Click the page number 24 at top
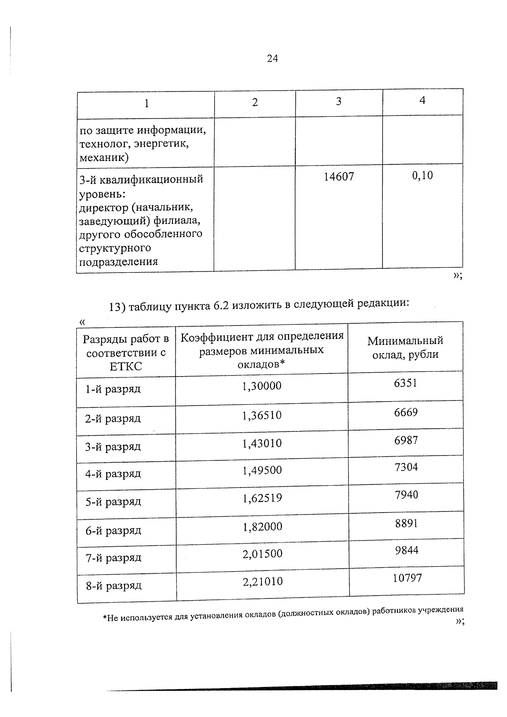[273, 59]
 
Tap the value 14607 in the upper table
[339, 177]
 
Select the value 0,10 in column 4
[422, 175]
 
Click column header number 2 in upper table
[255, 103]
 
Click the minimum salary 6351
[406, 383]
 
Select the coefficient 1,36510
[262, 416]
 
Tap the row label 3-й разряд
[113, 447]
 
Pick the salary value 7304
[406, 467]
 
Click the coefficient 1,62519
[262, 498]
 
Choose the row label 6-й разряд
[113, 531]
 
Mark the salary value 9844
[406, 551]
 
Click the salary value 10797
[407, 578]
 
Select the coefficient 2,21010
[262, 582]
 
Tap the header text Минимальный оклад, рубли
[405, 348]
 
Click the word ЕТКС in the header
[125, 366]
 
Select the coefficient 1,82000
[262, 527]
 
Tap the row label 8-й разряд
[114, 586]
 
